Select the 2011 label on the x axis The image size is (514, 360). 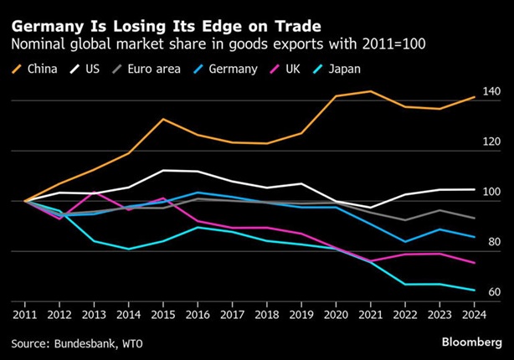(x=25, y=316)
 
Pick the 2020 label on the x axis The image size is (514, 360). (x=336, y=316)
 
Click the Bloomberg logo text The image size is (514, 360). (x=471, y=343)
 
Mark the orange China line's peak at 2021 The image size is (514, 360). (x=370, y=91)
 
